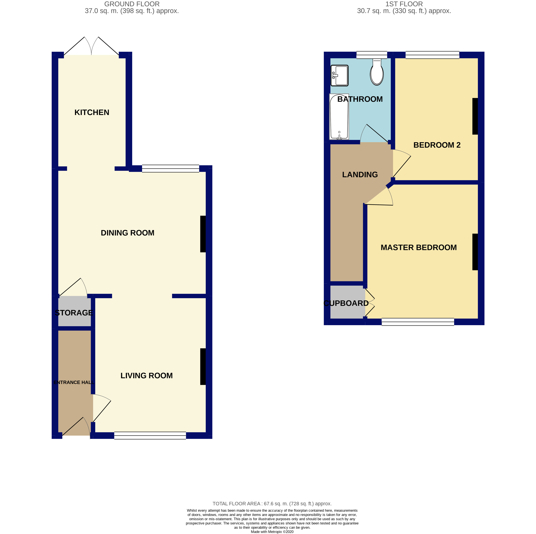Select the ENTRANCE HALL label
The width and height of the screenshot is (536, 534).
pos(73,382)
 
